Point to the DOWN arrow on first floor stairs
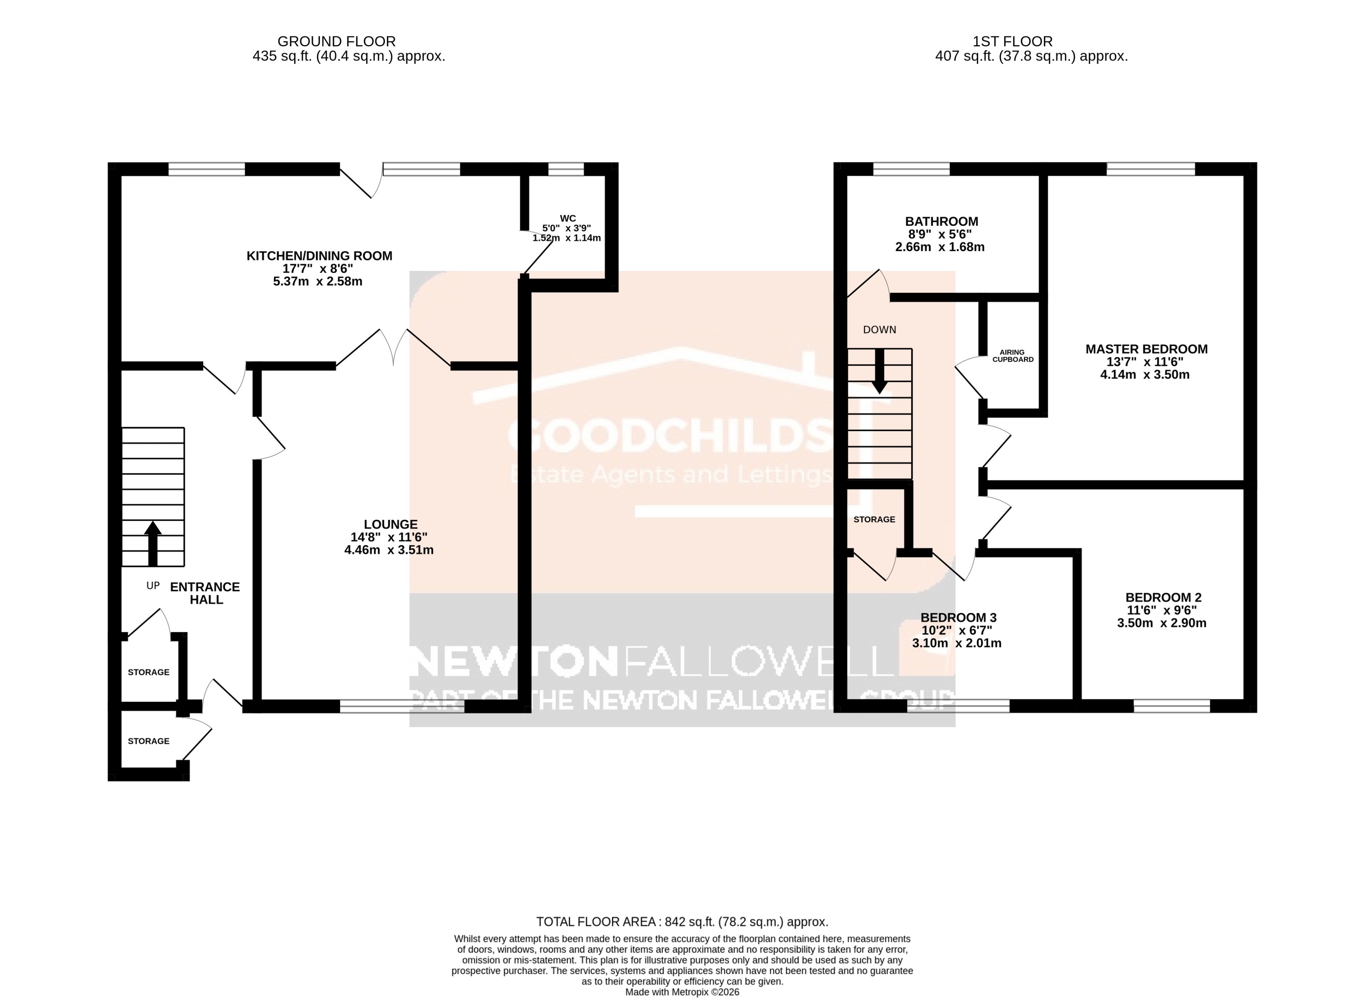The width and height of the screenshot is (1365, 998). [880, 370]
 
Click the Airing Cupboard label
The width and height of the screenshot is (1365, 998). [1012, 356]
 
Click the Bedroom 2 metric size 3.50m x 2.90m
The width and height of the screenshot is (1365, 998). [1161, 623]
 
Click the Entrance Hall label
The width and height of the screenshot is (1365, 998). [206, 593]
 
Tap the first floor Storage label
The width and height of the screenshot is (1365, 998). [874, 520]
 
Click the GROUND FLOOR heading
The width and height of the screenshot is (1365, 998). [337, 41]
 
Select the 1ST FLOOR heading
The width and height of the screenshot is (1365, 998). [1012, 41]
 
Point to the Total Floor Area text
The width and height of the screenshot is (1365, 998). [682, 922]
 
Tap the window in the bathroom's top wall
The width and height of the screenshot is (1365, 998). [912, 169]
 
